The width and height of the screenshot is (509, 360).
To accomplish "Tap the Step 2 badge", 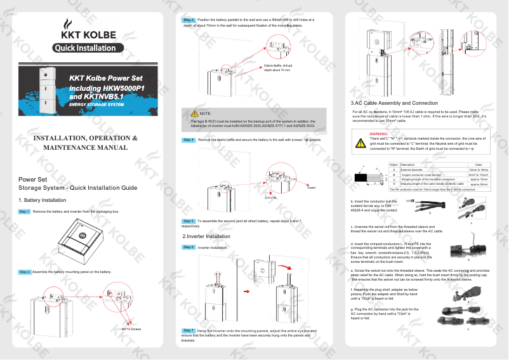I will pos(24,272).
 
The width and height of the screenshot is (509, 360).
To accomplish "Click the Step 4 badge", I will pos(188,140).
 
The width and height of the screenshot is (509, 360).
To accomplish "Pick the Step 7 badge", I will pos(188,331).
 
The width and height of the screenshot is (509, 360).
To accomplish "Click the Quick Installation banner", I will pos(84,48).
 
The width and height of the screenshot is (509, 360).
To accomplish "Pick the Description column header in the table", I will pos(409,165).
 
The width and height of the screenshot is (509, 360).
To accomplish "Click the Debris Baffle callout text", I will pos(277,68).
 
